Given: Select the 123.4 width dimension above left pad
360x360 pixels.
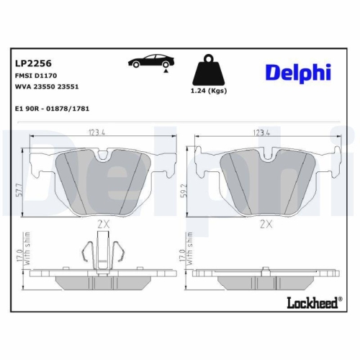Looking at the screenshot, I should pyautogui.click(x=99, y=132).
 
